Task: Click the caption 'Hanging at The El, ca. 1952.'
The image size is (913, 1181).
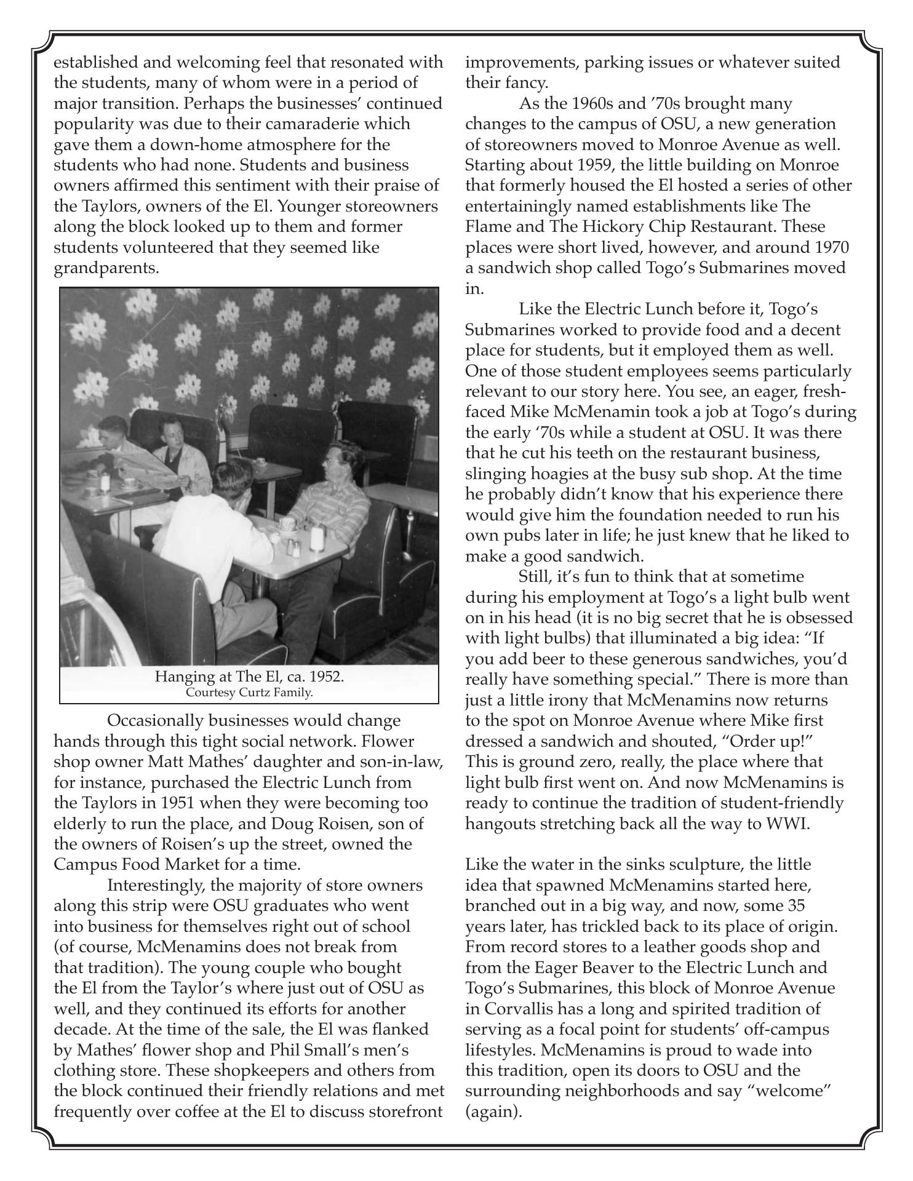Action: coord(249,677)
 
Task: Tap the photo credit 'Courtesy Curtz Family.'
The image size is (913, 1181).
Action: coord(249,693)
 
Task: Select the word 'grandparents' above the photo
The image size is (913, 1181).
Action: coord(105,268)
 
